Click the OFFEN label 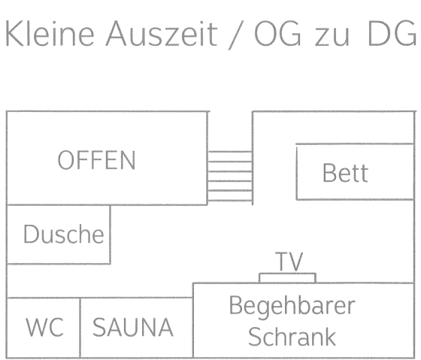(x=97, y=160)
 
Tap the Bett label (x=345, y=173)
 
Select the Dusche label (x=63, y=234)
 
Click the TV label (x=289, y=262)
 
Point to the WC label (x=44, y=328)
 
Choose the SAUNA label (x=133, y=328)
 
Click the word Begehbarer (x=292, y=307)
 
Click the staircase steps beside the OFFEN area (x=229, y=177)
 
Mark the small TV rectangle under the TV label (x=287, y=278)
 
